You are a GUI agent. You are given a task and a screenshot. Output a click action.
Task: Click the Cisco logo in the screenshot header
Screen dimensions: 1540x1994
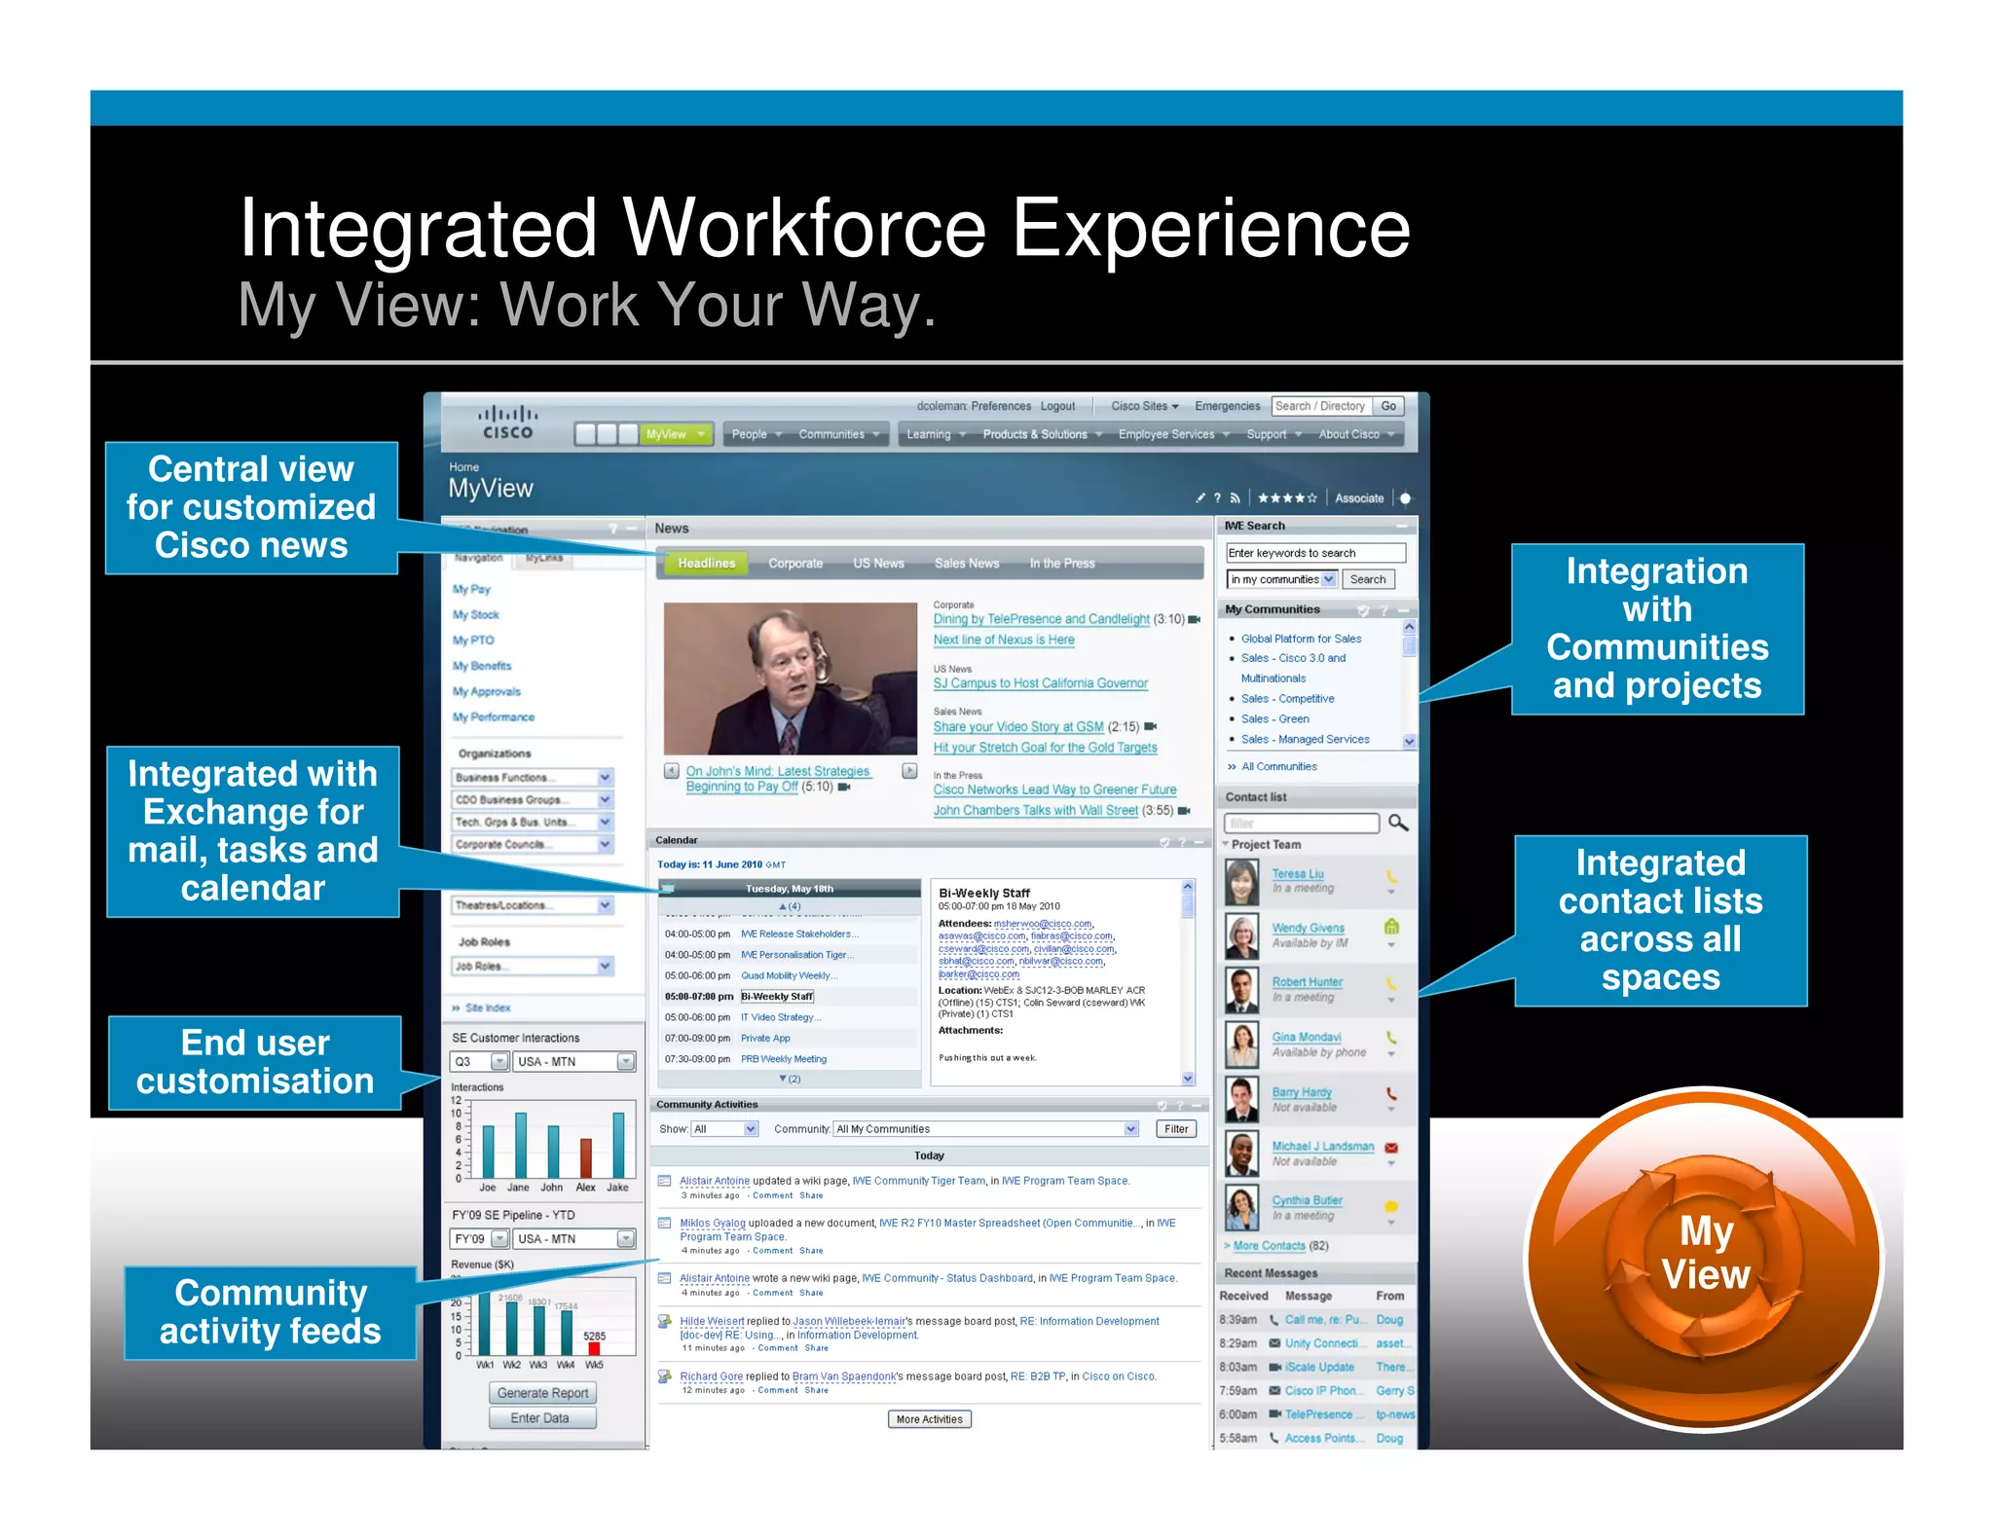pos(507,423)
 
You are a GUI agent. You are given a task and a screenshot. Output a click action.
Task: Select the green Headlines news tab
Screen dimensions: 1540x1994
pos(706,564)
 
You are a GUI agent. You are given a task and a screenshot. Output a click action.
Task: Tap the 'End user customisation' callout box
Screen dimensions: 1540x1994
pos(255,1062)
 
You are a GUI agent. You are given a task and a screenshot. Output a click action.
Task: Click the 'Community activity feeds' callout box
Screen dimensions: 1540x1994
pos(270,1311)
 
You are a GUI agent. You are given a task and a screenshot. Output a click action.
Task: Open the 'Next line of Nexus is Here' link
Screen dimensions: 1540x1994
pos(1004,641)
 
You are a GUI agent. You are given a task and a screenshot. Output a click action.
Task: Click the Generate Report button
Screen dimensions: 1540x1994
pos(542,1393)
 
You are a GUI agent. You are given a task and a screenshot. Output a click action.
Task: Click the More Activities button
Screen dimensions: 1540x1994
pos(929,1419)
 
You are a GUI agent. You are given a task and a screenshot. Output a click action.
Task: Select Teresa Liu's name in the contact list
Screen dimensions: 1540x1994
pos(1297,874)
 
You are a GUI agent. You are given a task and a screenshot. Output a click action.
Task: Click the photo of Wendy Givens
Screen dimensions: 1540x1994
pos(1241,935)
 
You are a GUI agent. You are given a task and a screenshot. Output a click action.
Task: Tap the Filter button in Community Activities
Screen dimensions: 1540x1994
pos(1176,1129)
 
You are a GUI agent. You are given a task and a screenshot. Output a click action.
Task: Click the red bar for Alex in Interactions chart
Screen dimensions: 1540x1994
pos(586,1157)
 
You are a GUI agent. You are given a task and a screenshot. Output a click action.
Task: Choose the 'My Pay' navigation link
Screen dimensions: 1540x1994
pos(471,590)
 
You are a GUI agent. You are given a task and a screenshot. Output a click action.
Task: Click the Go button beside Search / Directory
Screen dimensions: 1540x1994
pos(1388,407)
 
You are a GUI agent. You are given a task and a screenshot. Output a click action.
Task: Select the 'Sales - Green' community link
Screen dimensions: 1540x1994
pos(1274,719)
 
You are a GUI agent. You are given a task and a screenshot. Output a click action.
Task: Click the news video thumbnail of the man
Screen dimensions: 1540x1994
pos(790,678)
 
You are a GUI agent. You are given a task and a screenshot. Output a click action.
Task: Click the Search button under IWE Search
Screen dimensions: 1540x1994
pos(1367,579)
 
